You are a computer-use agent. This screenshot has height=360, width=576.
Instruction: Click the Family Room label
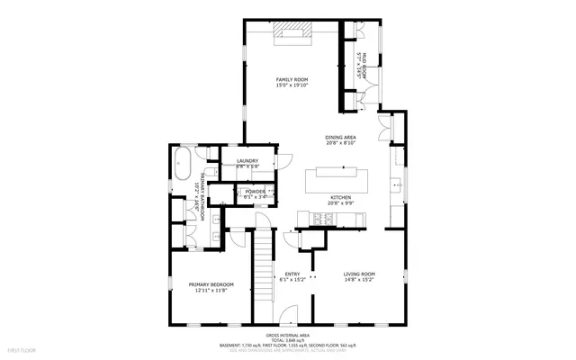point(292,79)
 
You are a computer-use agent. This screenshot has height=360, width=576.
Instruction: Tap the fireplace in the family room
point(292,34)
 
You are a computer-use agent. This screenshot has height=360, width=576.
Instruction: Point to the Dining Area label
point(341,137)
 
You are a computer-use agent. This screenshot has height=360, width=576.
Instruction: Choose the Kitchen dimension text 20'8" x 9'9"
point(340,203)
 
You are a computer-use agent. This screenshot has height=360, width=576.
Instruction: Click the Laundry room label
point(247,161)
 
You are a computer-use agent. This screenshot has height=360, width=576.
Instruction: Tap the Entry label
point(292,274)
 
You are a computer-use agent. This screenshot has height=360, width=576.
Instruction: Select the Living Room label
point(360,274)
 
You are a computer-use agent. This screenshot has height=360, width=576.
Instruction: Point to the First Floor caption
point(21,348)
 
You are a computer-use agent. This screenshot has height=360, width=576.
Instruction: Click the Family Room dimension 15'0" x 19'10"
point(292,85)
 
